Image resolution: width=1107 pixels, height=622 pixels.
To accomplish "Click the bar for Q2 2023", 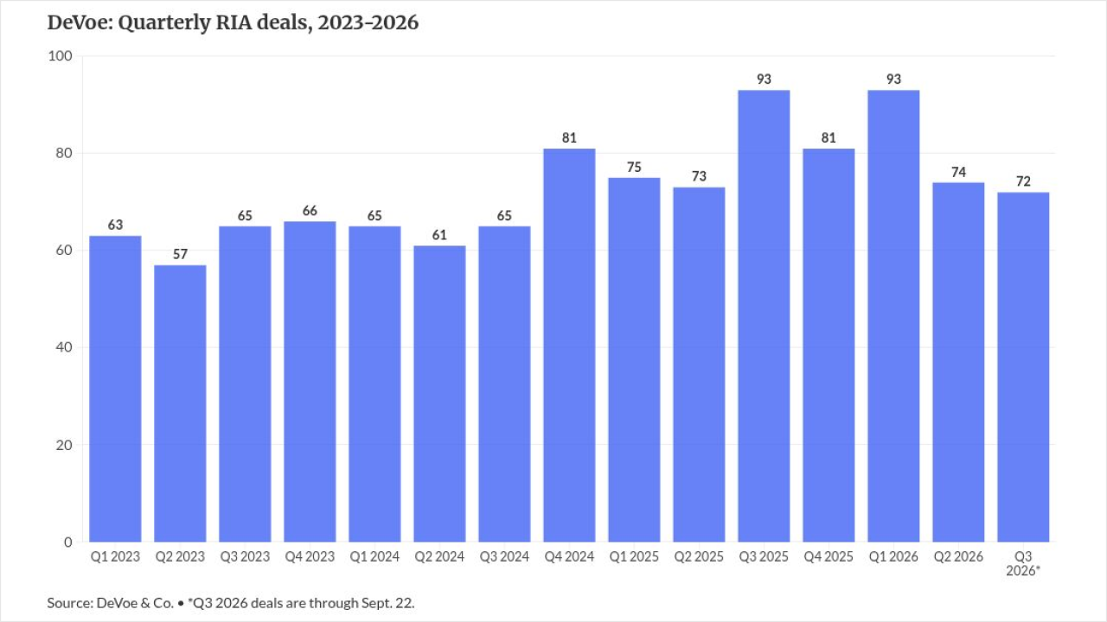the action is (x=180, y=403).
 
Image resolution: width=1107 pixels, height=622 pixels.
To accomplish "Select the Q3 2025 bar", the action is (x=764, y=316).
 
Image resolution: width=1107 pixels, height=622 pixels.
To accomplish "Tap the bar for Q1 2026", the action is (x=893, y=316).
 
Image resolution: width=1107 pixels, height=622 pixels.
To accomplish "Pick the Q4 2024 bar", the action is (x=569, y=345).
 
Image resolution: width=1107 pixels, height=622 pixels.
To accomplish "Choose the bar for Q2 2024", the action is (x=439, y=393).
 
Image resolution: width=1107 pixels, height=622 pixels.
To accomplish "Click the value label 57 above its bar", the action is (x=180, y=254).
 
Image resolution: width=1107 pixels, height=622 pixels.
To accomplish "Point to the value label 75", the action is (x=634, y=168).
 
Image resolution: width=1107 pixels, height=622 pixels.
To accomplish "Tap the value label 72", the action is (x=1023, y=181).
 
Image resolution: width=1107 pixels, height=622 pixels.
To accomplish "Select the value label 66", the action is (x=310, y=211).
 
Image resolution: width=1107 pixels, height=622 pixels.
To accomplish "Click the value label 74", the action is (x=958, y=172).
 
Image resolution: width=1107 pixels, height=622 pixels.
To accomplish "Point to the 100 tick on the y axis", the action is (x=60, y=56).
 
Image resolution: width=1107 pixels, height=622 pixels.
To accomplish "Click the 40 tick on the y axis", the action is (x=64, y=347).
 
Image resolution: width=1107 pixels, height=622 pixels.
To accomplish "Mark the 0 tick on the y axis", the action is (x=68, y=542).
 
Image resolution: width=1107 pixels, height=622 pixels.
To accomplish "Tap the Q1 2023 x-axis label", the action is (x=115, y=557).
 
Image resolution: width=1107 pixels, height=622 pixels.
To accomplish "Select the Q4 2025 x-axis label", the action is (x=829, y=557).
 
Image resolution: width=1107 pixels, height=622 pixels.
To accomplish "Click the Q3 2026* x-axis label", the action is (x=1023, y=564).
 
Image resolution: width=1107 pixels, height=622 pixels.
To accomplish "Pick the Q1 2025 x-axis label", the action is (x=634, y=557).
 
